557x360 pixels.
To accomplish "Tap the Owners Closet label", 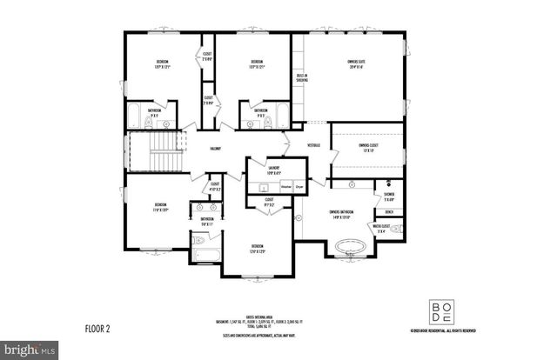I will [367, 149].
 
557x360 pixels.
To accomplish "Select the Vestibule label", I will [314, 144].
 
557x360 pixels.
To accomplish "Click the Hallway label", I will [215, 149].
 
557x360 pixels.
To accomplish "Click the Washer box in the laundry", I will [285, 186].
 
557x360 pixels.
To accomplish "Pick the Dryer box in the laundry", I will [299, 186].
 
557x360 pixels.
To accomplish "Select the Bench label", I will [388, 212].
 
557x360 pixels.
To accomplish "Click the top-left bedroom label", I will [162, 63].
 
